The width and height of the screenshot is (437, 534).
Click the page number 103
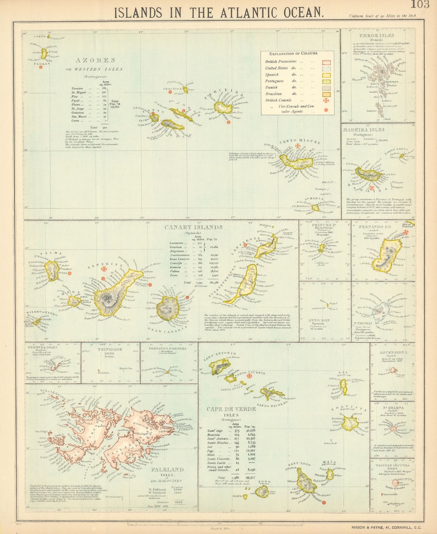(x=420, y=5)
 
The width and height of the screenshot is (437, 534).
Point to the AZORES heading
(x=95, y=60)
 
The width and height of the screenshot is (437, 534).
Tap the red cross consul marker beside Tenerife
(x=103, y=268)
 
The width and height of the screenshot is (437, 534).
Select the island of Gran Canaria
(x=168, y=307)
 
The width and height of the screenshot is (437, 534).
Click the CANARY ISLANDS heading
(x=193, y=227)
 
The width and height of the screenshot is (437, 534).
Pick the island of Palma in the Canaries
(x=51, y=270)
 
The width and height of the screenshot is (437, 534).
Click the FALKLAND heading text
(x=167, y=470)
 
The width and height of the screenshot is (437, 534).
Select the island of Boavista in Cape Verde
(x=349, y=423)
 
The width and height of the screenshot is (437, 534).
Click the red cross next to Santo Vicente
(x=250, y=375)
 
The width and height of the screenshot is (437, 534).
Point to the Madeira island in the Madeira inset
(x=369, y=174)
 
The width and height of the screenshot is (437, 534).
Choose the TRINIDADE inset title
(x=110, y=349)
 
